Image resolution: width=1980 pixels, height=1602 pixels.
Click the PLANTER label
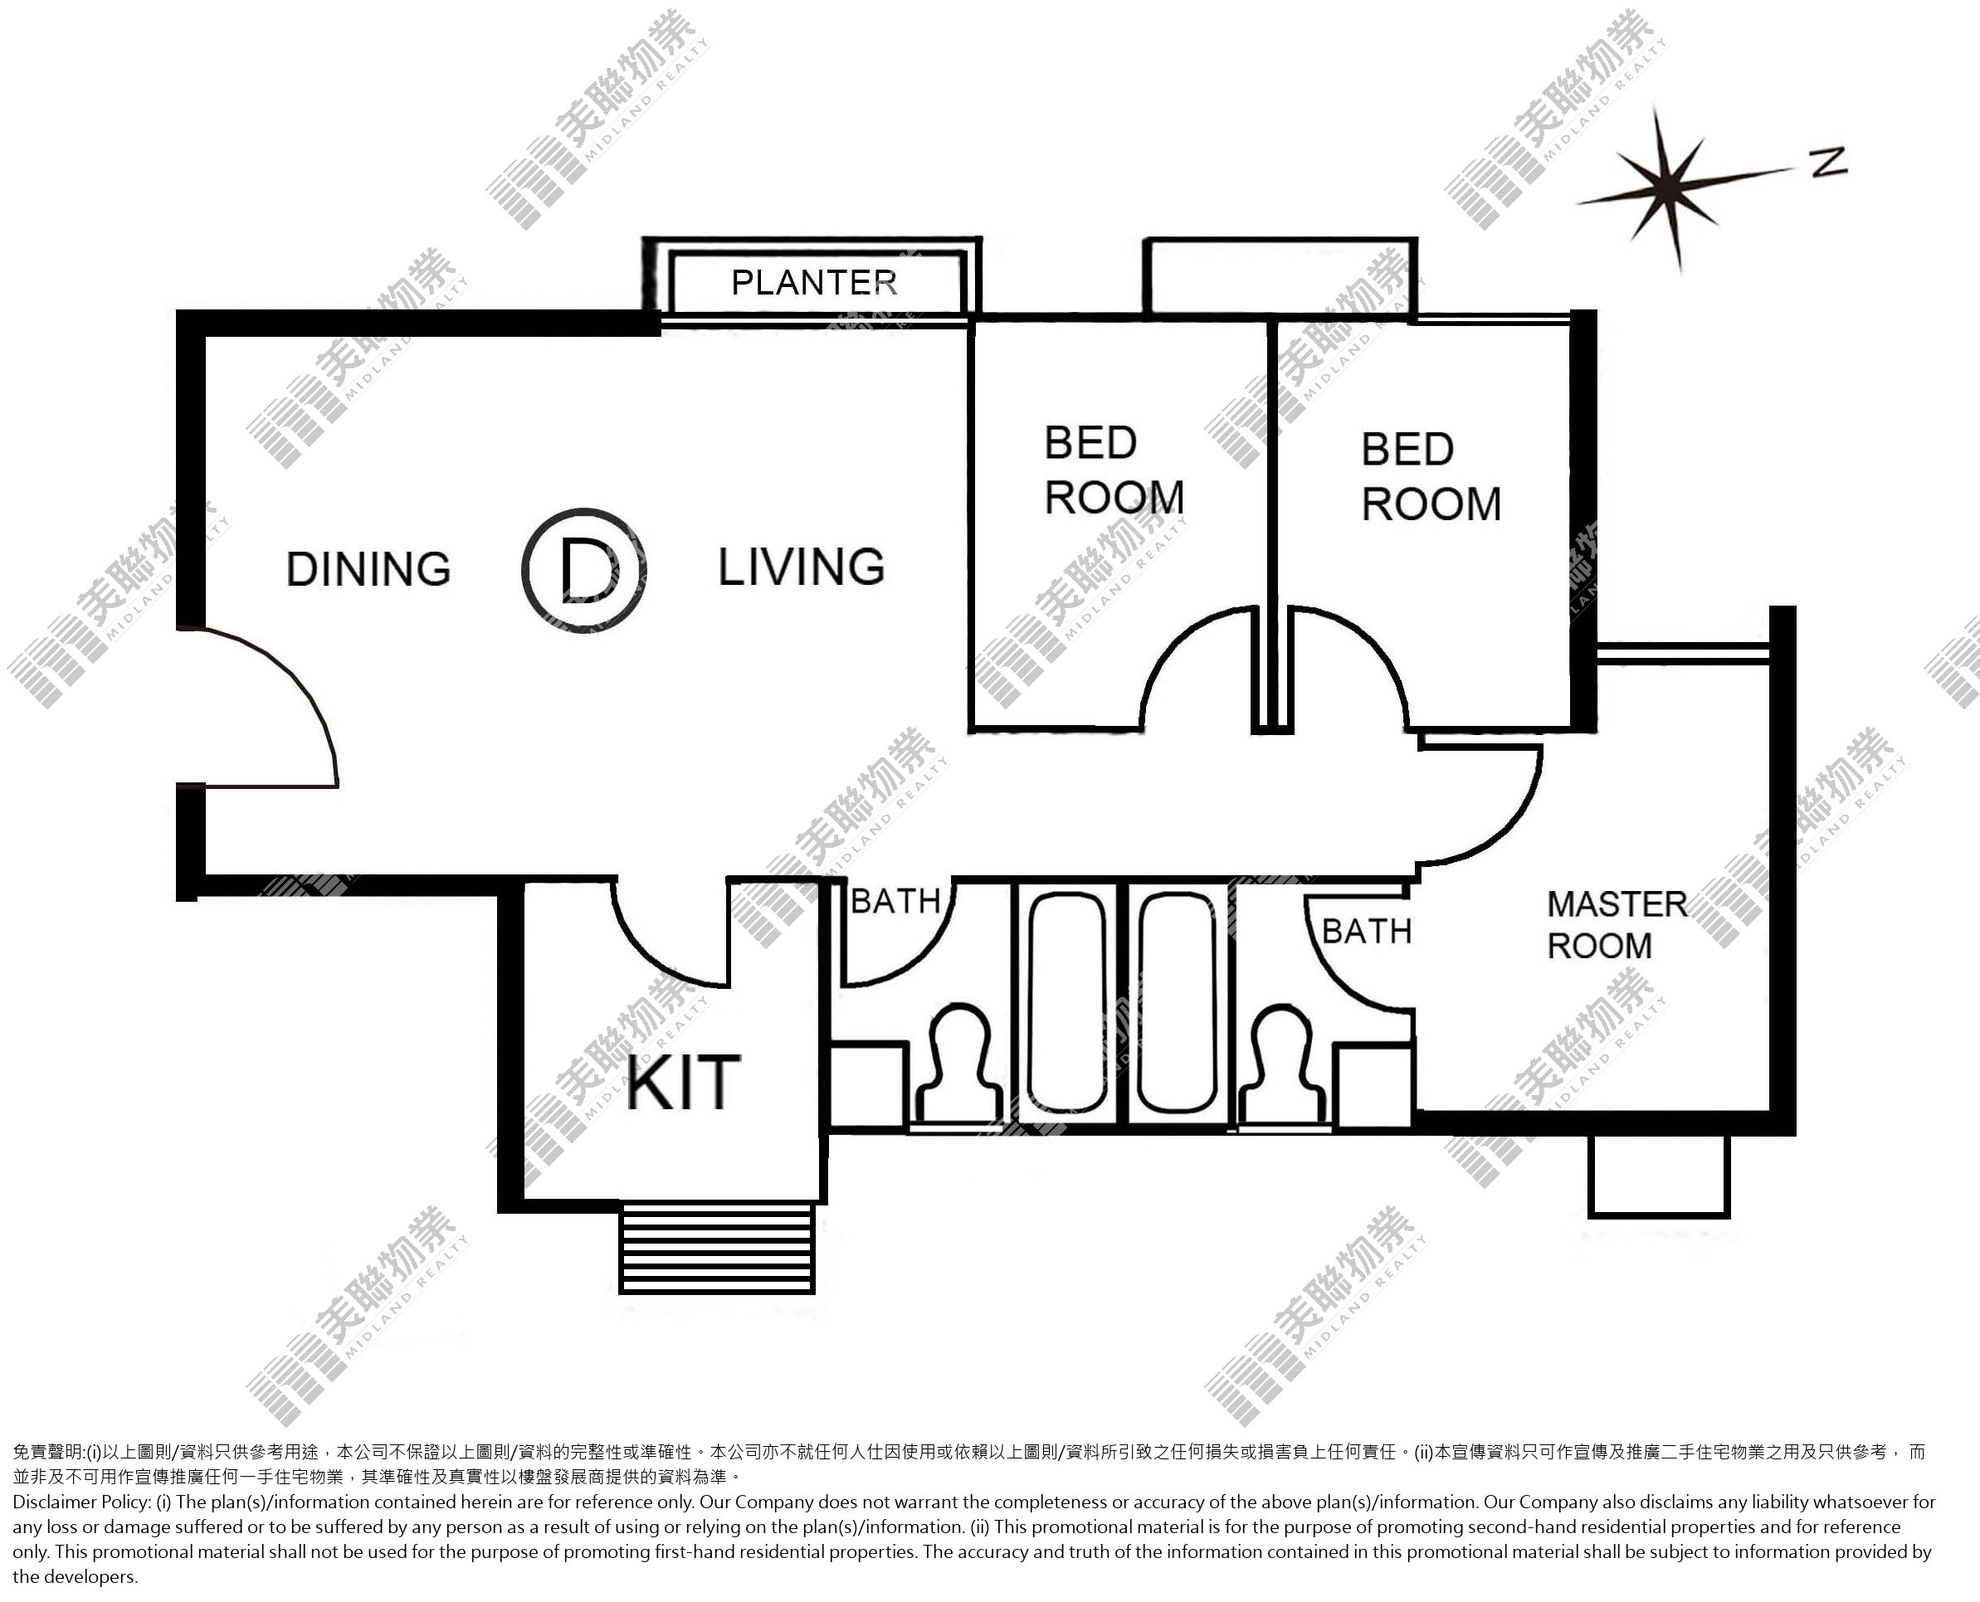(x=813, y=282)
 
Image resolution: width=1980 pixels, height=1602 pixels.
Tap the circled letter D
(x=583, y=569)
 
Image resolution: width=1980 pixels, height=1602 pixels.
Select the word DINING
(x=368, y=568)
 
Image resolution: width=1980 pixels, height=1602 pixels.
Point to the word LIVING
(x=802, y=567)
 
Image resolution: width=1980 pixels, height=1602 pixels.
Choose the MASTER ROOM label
(x=1617, y=925)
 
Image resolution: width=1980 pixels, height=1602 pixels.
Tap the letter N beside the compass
(x=1829, y=163)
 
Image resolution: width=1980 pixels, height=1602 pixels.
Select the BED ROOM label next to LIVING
(x=1114, y=470)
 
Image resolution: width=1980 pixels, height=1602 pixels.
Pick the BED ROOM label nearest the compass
(x=1431, y=477)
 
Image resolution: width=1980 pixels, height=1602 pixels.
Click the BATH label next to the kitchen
(x=895, y=902)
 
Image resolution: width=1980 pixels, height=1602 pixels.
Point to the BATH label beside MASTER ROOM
(x=1367, y=932)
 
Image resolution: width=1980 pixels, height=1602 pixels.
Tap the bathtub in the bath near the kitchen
(x=1067, y=1003)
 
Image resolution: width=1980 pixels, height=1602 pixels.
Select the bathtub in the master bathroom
(x=1177, y=1003)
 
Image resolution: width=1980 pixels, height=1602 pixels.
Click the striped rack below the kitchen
(x=717, y=1247)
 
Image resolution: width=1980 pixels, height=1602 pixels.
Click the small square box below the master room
(x=1659, y=1176)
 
